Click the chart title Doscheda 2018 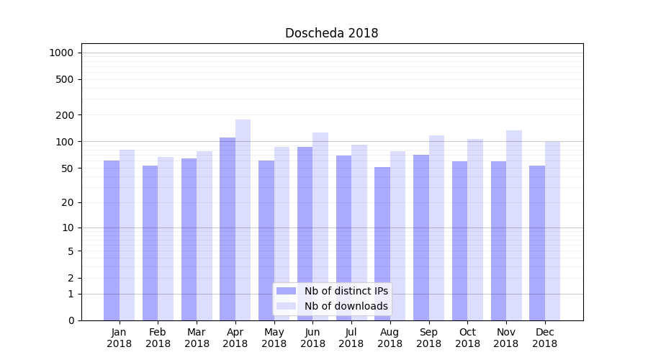331,33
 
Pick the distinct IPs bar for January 112,240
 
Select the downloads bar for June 320,226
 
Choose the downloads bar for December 553,230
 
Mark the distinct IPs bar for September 421,238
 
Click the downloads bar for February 166,238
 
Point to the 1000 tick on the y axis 61,53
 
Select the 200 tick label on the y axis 65,115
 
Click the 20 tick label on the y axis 68,202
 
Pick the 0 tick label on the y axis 71,320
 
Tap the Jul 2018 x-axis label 351,338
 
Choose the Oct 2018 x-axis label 467,338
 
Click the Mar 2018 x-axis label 197,338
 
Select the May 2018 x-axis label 274,338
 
